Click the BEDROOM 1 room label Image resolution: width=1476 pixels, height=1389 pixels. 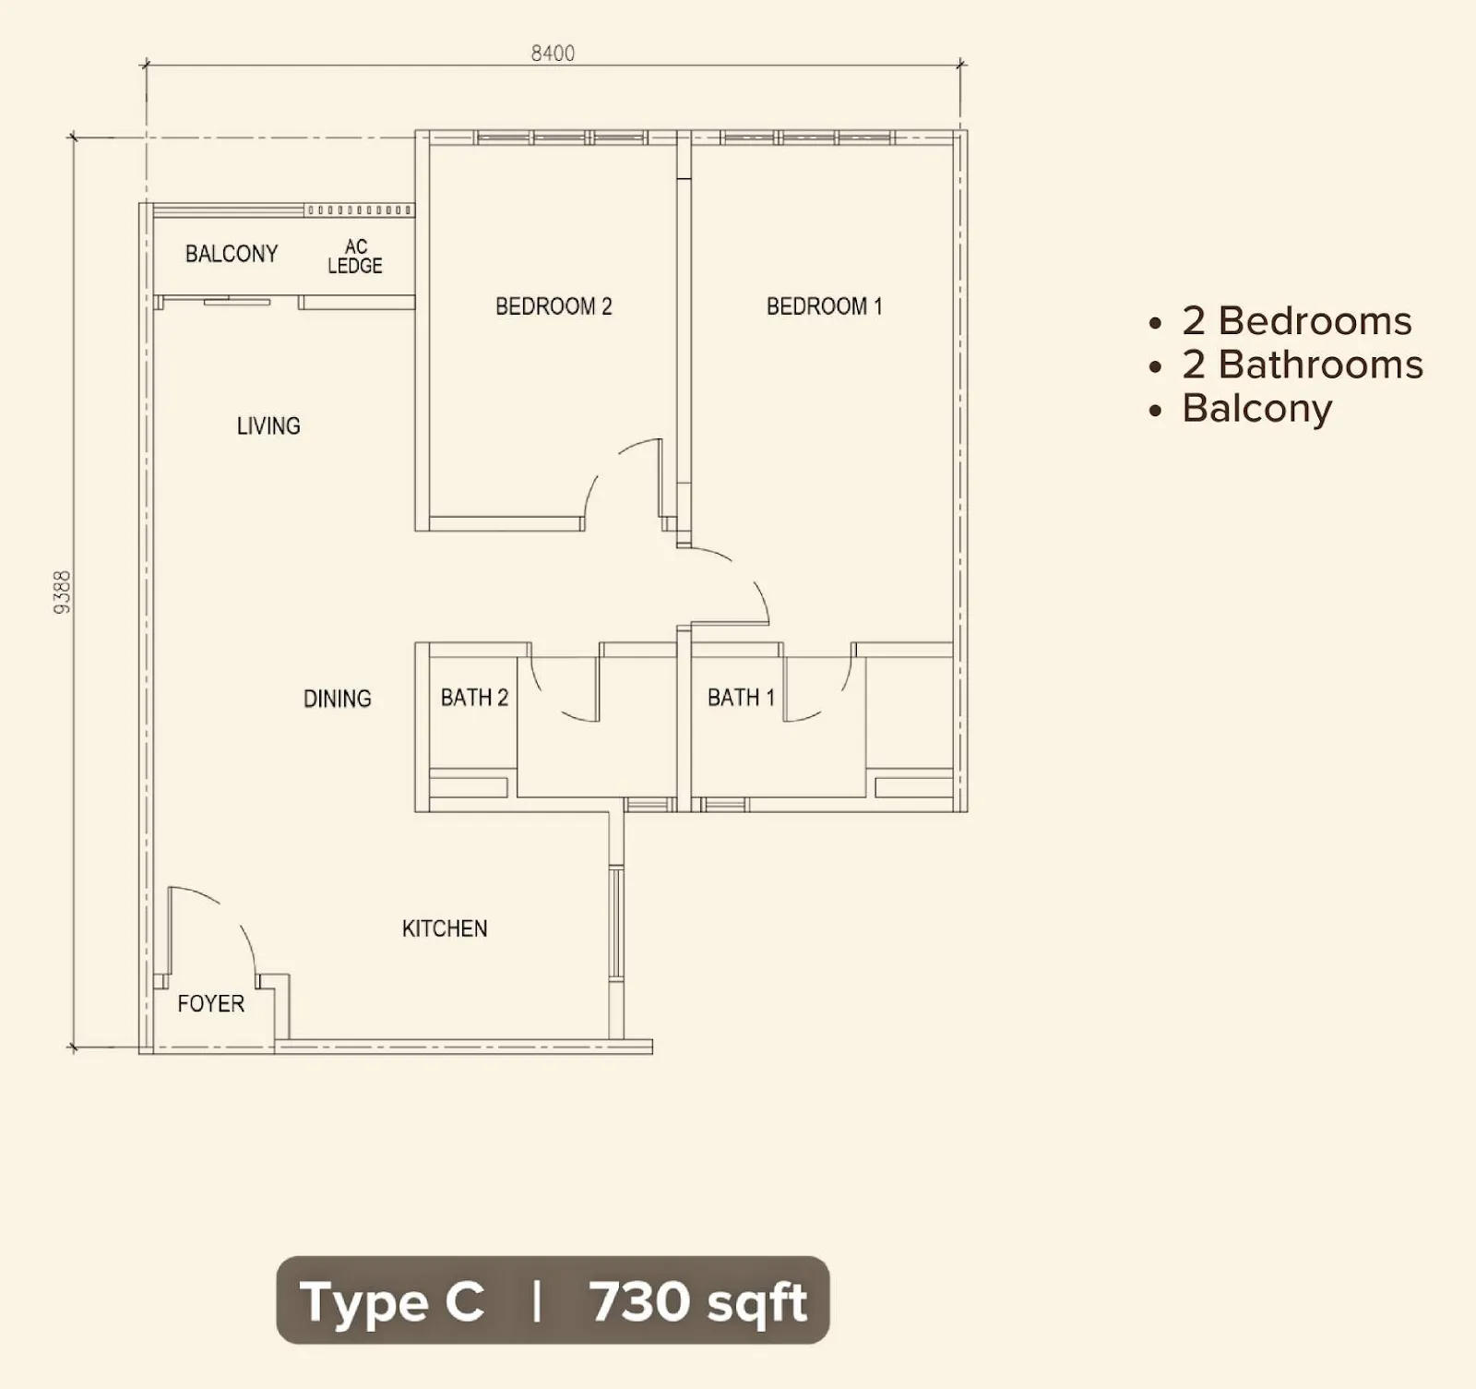point(824,306)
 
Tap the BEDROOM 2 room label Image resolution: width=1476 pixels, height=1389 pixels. point(553,306)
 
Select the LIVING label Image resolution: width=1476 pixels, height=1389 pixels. point(268,426)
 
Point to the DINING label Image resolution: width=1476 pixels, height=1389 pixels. point(338,699)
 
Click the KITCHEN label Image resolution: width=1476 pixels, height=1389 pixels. point(445,928)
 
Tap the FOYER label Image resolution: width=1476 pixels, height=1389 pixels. point(211,1003)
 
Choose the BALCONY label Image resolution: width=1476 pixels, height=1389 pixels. point(232,254)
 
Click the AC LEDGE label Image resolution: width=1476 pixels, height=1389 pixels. point(355,257)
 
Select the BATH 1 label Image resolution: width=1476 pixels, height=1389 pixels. point(741,698)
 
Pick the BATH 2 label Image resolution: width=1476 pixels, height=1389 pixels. point(474,698)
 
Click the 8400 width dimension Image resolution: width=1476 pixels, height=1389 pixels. point(553,54)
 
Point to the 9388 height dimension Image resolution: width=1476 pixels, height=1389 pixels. point(62,593)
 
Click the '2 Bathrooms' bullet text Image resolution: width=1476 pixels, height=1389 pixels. point(1302,365)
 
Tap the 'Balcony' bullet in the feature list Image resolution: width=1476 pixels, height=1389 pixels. point(1256,408)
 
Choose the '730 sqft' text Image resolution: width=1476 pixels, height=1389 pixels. point(698,1302)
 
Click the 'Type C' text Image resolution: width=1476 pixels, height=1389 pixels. point(392,1303)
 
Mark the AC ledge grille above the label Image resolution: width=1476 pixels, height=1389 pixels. point(359,210)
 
